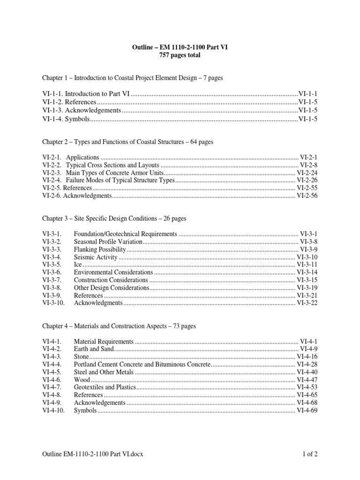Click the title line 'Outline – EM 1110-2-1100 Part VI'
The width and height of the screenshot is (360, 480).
tap(180, 47)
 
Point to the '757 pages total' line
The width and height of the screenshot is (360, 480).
tap(180, 55)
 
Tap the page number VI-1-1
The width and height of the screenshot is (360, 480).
tap(308, 94)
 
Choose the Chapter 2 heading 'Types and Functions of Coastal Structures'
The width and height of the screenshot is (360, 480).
tap(128, 142)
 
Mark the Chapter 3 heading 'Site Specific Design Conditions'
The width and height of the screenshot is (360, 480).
tap(114, 218)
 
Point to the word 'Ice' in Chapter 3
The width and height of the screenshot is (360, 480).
tap(78, 265)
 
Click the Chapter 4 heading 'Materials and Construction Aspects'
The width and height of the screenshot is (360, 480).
tap(119, 326)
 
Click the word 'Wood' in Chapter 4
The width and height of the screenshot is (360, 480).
tap(82, 380)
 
